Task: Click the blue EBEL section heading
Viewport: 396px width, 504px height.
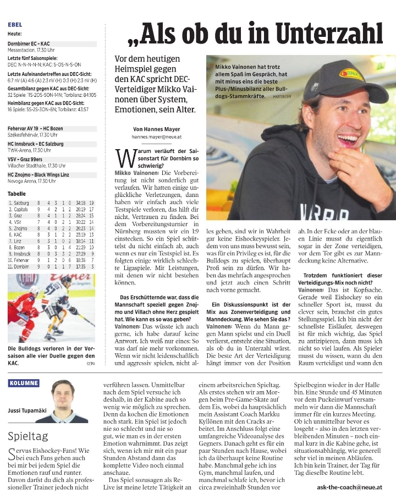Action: [x=15, y=25]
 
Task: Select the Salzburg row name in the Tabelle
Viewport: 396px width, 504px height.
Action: [x=20, y=203]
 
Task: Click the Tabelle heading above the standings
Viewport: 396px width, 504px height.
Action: [x=16, y=194]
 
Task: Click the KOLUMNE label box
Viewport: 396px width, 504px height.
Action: [x=24, y=383]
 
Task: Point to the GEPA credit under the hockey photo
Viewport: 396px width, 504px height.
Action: [x=91, y=363]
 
